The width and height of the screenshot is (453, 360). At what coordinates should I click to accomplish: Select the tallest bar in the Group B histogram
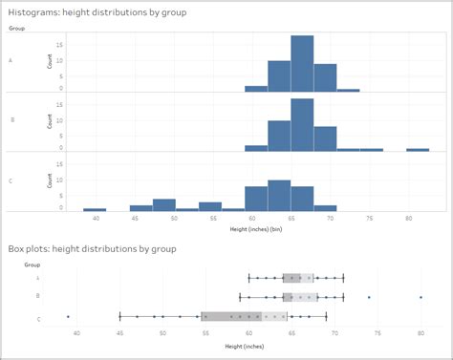302,125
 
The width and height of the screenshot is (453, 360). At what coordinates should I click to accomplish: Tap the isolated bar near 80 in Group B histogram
418,150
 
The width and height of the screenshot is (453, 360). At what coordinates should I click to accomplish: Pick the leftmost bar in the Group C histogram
95,209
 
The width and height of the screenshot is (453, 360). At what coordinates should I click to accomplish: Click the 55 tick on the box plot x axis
205,332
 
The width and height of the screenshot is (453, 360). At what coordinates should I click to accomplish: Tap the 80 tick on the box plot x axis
421,332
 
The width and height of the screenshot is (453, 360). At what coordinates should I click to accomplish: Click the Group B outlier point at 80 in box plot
421,297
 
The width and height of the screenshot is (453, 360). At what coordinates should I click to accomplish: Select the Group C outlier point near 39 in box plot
68,316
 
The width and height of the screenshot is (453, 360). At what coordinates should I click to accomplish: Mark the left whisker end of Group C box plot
119,316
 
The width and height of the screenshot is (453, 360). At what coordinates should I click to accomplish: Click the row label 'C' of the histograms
11,181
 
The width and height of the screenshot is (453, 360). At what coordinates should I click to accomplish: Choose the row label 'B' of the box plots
37,297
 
